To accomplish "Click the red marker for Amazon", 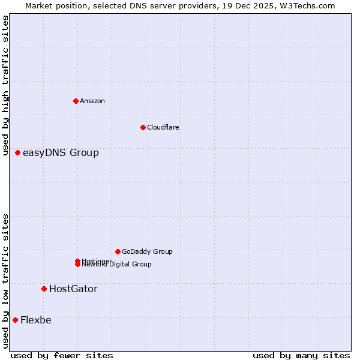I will (x=76, y=101).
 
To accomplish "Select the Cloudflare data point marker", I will (x=143, y=127).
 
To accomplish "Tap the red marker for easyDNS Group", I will (x=18, y=153).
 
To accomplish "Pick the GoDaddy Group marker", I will (x=118, y=251).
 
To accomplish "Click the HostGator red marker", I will (x=44, y=289).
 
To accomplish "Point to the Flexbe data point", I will (x=15, y=320).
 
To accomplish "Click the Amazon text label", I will (x=92, y=101).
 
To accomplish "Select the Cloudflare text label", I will (x=163, y=127).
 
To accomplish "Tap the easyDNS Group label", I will (x=61, y=153).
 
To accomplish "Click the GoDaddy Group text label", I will (x=147, y=251).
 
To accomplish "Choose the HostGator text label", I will (x=73, y=289).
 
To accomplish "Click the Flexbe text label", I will (x=36, y=320).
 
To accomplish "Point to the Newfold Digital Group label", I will (x=117, y=265).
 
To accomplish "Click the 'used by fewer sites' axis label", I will (x=62, y=355).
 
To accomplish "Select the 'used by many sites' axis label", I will (x=301, y=355).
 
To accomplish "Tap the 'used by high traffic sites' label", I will (x=6, y=86).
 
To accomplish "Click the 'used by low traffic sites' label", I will (x=6, y=280).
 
